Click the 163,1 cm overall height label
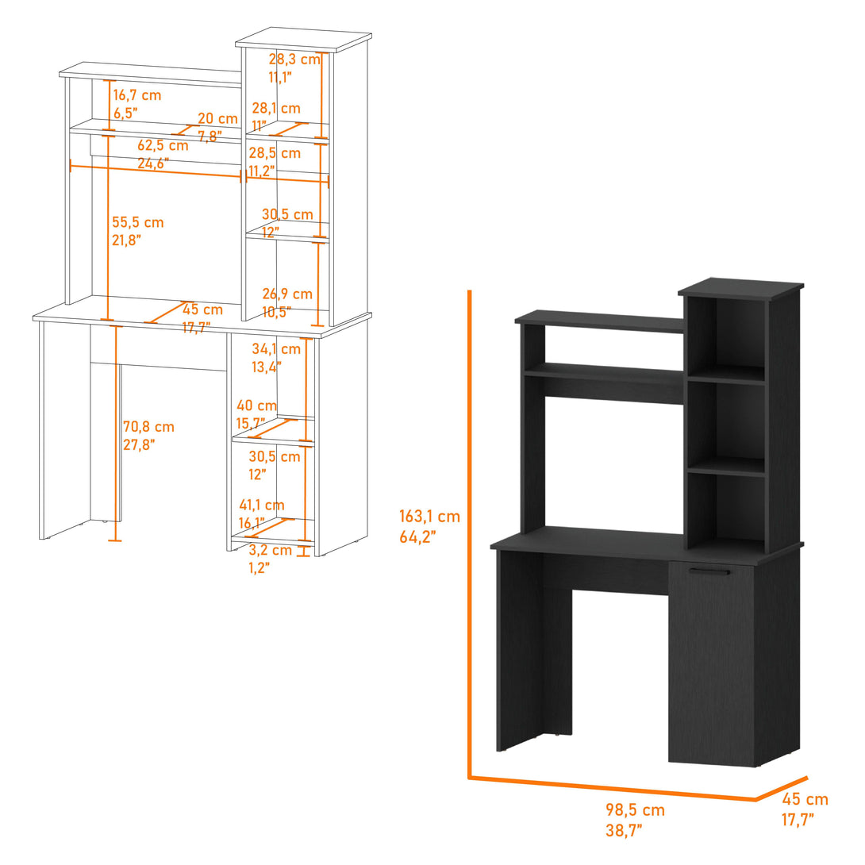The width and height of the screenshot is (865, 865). pyautogui.click(x=429, y=517)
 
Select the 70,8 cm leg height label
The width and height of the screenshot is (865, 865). pyautogui.click(x=148, y=427)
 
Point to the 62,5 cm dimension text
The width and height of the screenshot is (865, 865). pyautogui.click(x=163, y=145)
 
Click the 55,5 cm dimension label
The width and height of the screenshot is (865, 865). pyautogui.click(x=138, y=222)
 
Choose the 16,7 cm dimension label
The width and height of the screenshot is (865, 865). pyautogui.click(x=136, y=95)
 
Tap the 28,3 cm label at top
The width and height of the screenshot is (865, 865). pyautogui.click(x=294, y=59)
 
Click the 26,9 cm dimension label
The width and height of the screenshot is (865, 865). pyautogui.click(x=287, y=294)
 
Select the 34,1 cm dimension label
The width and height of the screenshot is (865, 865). pyautogui.click(x=276, y=348)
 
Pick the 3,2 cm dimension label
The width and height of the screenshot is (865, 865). pyautogui.click(x=270, y=549)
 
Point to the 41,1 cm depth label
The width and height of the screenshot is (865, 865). pyautogui.click(x=261, y=505)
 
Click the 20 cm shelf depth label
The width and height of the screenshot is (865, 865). pyautogui.click(x=217, y=118)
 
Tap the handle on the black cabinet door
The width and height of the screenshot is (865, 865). pyautogui.click(x=709, y=571)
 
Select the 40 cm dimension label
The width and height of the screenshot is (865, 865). pyautogui.click(x=256, y=406)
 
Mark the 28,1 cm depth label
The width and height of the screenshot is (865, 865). pyautogui.click(x=276, y=108)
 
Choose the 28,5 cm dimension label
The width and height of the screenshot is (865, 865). pyautogui.click(x=275, y=153)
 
